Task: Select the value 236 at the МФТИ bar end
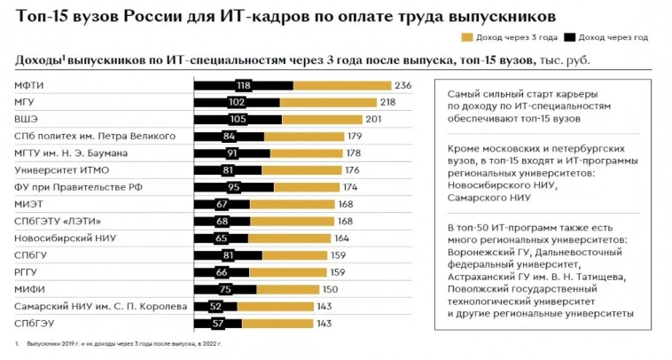coord(403,85)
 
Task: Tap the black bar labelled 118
coord(243,85)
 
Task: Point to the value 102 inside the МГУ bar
coord(237,103)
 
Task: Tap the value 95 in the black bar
coord(234,187)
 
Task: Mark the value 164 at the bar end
coord(342,239)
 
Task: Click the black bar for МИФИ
coord(225,289)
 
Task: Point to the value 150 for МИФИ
coord(330,289)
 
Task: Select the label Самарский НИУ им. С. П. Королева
coord(100,307)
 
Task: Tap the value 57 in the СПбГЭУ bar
coord(217,324)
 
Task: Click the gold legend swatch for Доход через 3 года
coord(467,37)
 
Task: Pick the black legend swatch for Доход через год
coord(570,37)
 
